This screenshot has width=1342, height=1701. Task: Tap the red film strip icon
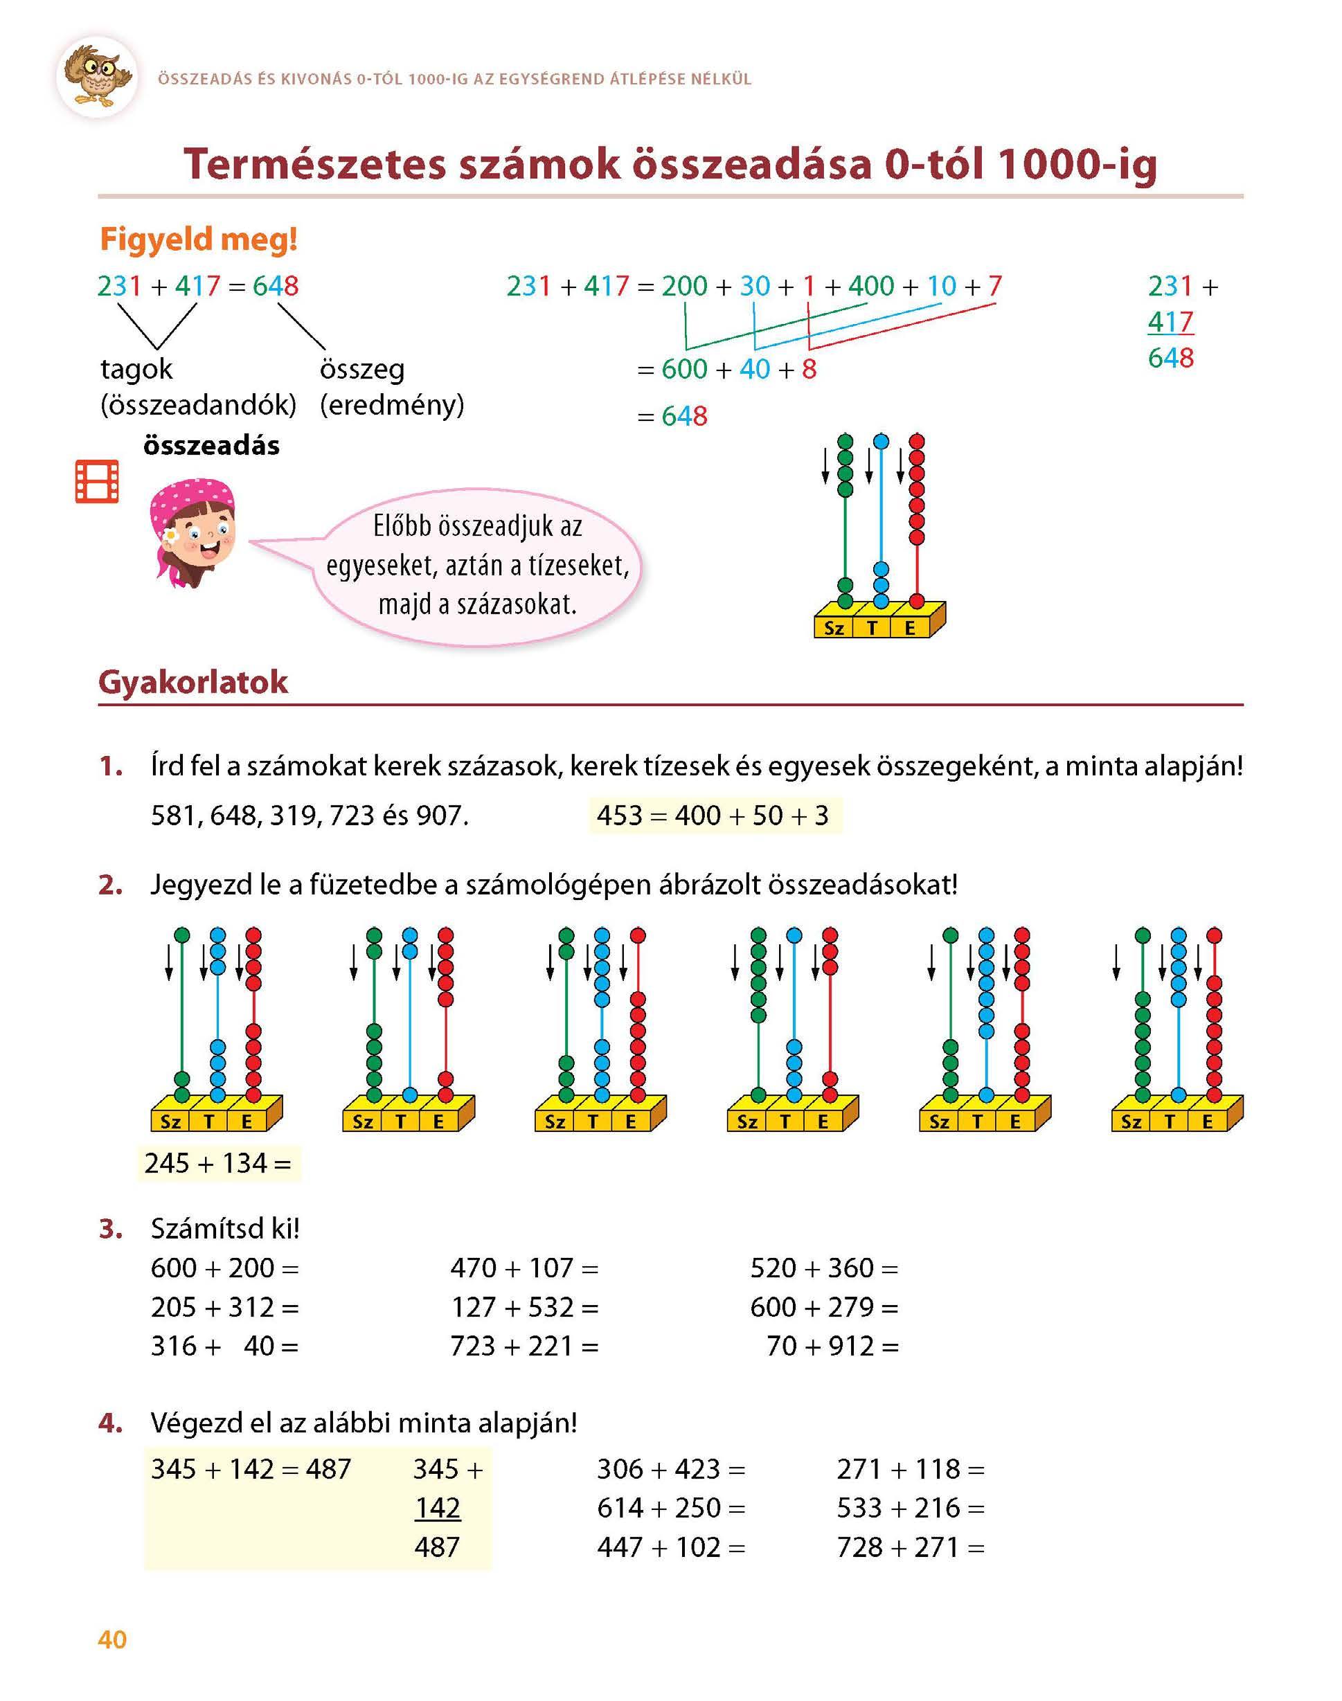coord(97,481)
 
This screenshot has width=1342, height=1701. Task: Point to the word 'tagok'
coord(136,368)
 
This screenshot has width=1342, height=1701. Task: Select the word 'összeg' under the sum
coord(361,368)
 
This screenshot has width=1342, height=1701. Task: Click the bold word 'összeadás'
coord(211,445)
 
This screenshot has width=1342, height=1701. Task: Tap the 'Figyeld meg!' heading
coord(198,240)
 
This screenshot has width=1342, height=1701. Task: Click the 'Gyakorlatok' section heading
coord(193,682)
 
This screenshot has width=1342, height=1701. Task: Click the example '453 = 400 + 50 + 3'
coord(713,815)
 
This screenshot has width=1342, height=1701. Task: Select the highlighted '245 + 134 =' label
coord(218,1163)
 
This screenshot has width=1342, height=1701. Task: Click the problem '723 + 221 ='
coord(524,1346)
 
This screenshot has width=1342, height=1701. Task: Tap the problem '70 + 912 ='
coord(832,1346)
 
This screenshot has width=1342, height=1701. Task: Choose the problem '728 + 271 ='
coord(910,1547)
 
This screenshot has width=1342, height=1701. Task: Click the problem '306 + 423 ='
coord(670,1468)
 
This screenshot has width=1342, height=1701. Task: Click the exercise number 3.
coord(111,1229)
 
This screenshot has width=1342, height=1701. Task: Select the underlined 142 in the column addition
coord(438,1508)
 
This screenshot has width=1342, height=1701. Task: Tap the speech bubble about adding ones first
coord(477,566)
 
